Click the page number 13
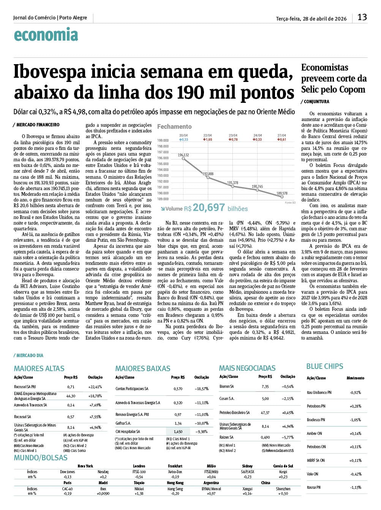pyautogui.click(x=362, y=17)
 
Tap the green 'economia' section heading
pyautogui.click(x=46, y=35)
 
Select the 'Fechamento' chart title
pyautogui.click(x=174, y=126)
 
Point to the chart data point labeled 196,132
pyautogui.click(x=183, y=159)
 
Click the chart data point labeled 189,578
pyautogui.click(x=282, y=197)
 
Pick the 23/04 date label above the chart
pyautogui.click(x=233, y=135)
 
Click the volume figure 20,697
pyautogui.click(x=209, y=208)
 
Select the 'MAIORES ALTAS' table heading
pyautogui.click(x=39, y=368)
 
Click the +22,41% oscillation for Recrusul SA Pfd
pyautogui.click(x=95, y=387)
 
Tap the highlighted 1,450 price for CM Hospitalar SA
pyautogui.click(x=178, y=431)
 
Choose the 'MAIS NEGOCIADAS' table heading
pyautogui.click(x=247, y=368)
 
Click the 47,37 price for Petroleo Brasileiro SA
pyautogui.click(x=265, y=412)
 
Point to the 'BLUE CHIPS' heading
pyautogui.click(x=324, y=366)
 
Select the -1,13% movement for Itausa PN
pyautogui.click(x=356, y=487)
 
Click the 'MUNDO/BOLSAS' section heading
pyautogui.click(x=41, y=458)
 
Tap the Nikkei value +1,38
pyautogui.click(x=139, y=493)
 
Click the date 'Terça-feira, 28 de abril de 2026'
pyautogui.click(x=311, y=19)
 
